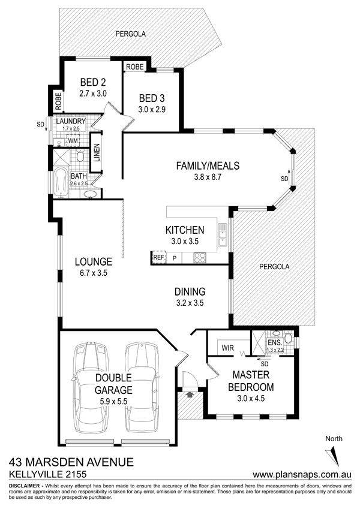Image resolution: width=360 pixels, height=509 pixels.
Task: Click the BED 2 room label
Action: coord(93,82)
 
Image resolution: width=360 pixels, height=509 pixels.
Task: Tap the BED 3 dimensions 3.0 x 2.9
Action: coord(152,109)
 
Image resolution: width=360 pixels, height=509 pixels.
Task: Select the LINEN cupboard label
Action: coord(97,152)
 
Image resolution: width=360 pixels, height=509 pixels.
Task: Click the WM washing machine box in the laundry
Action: coord(73,141)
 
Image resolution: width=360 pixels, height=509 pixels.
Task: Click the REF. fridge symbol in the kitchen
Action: coord(159,257)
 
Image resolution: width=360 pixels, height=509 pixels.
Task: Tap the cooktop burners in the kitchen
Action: coord(200,258)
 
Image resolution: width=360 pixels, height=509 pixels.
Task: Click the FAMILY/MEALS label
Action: coord(208,165)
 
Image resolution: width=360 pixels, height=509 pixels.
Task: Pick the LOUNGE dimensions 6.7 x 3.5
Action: coord(93,273)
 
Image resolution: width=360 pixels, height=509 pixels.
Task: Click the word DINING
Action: coord(190,291)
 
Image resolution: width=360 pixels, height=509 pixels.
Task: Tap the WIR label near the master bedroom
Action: coord(227,348)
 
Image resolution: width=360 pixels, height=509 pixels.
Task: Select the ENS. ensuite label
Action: coord(275,343)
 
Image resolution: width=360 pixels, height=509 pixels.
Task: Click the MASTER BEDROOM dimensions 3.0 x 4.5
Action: coord(251,398)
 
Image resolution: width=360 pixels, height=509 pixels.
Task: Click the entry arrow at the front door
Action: coord(190,394)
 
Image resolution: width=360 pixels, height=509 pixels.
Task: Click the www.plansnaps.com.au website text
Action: coord(302,474)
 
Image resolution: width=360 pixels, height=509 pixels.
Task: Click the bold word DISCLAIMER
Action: coord(25,486)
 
